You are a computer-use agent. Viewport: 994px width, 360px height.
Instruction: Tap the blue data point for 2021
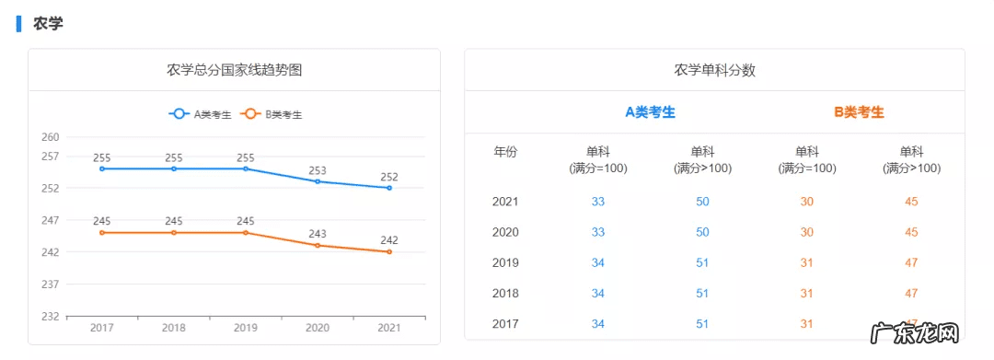click(x=389, y=188)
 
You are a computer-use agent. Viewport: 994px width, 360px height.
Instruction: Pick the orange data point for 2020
click(x=318, y=245)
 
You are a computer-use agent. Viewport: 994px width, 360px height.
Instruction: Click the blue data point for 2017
click(x=102, y=168)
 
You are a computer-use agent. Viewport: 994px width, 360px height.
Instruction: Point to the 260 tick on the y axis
click(x=50, y=137)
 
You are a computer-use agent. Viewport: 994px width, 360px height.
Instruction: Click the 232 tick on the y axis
click(x=50, y=316)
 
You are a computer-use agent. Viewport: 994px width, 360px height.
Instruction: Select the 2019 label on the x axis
click(x=246, y=328)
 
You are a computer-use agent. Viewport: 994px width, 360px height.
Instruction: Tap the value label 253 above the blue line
click(x=318, y=170)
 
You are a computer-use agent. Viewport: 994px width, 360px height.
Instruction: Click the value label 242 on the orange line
click(x=389, y=240)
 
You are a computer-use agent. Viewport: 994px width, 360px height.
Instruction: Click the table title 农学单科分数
click(x=714, y=70)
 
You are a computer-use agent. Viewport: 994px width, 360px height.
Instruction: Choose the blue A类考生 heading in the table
click(x=650, y=112)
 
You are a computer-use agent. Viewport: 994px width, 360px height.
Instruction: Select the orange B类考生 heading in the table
click(x=859, y=112)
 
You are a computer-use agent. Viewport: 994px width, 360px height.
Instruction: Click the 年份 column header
click(x=505, y=152)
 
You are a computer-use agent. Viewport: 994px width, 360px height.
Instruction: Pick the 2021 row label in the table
click(x=505, y=202)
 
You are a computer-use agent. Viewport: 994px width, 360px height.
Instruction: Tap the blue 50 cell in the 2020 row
click(x=702, y=232)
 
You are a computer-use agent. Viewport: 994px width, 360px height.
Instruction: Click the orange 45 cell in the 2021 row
click(x=911, y=202)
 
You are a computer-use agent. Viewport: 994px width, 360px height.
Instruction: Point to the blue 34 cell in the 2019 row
click(x=598, y=262)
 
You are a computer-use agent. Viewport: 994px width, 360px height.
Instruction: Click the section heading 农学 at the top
click(x=48, y=24)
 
